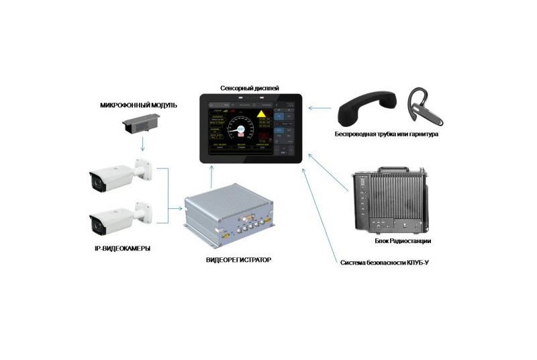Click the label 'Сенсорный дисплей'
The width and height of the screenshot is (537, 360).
[249, 88]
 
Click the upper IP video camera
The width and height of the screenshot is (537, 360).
[121, 174]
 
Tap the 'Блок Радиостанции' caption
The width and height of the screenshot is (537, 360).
[402, 240]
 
